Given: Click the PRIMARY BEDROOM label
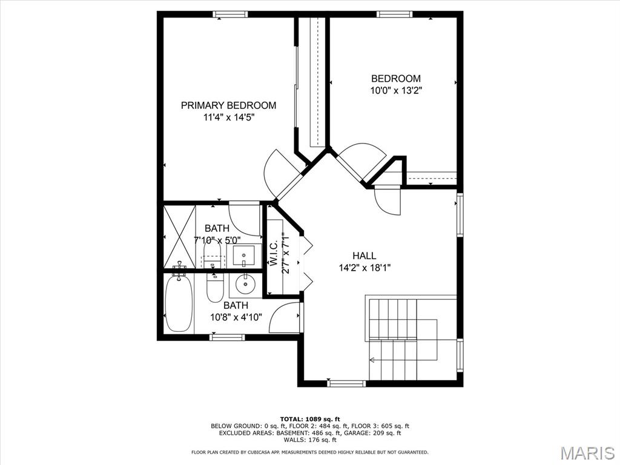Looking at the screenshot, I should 228,105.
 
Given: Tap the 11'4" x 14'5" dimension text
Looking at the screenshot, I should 228,117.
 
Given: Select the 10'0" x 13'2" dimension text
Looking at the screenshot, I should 396,91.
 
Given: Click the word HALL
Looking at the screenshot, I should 364,256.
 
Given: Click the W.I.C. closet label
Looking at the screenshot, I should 274,254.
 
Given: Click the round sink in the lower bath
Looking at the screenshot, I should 246,282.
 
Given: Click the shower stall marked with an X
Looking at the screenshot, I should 180,237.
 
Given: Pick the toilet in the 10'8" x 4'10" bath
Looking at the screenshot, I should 215,288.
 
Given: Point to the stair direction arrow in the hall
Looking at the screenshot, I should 372,360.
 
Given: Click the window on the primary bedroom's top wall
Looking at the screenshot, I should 230,14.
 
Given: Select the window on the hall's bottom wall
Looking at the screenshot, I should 346,383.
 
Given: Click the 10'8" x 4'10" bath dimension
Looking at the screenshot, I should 236,317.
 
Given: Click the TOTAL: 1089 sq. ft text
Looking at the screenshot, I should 310,419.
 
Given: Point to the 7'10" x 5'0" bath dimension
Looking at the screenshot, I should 217,240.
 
